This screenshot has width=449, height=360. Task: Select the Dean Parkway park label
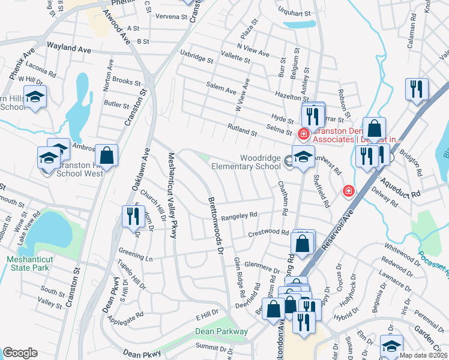tap(221, 331)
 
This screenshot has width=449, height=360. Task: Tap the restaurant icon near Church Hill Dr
tap(131, 216)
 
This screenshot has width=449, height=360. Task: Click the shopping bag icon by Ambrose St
tap(106, 155)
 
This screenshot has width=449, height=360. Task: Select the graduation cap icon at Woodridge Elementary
tap(304, 156)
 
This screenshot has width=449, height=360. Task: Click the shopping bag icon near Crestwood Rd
tap(303, 243)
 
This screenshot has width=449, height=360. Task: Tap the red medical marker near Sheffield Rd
tap(348, 191)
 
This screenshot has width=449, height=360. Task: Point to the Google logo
tap(20, 353)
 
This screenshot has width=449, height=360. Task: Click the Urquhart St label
tap(294, 13)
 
